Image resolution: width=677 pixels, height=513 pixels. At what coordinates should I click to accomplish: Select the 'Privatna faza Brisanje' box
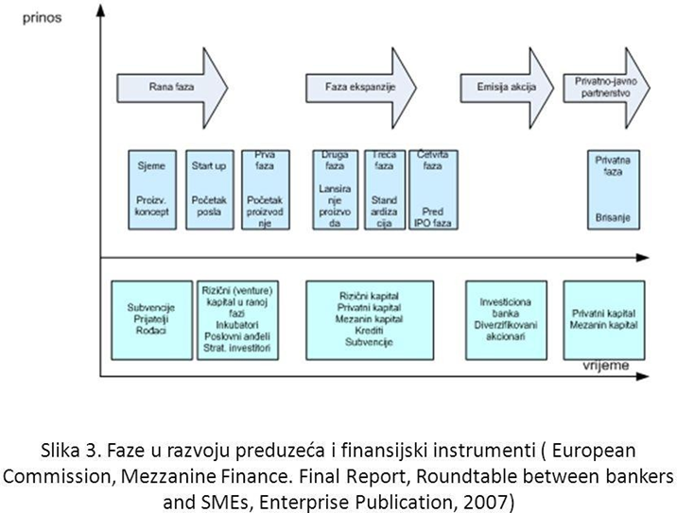602,189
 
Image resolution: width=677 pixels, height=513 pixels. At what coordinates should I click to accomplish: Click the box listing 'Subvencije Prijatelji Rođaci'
150,321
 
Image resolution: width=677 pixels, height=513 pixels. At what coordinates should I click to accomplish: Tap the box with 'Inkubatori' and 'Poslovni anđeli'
235,321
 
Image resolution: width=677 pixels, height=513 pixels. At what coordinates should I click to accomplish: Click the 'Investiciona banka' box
509,321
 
